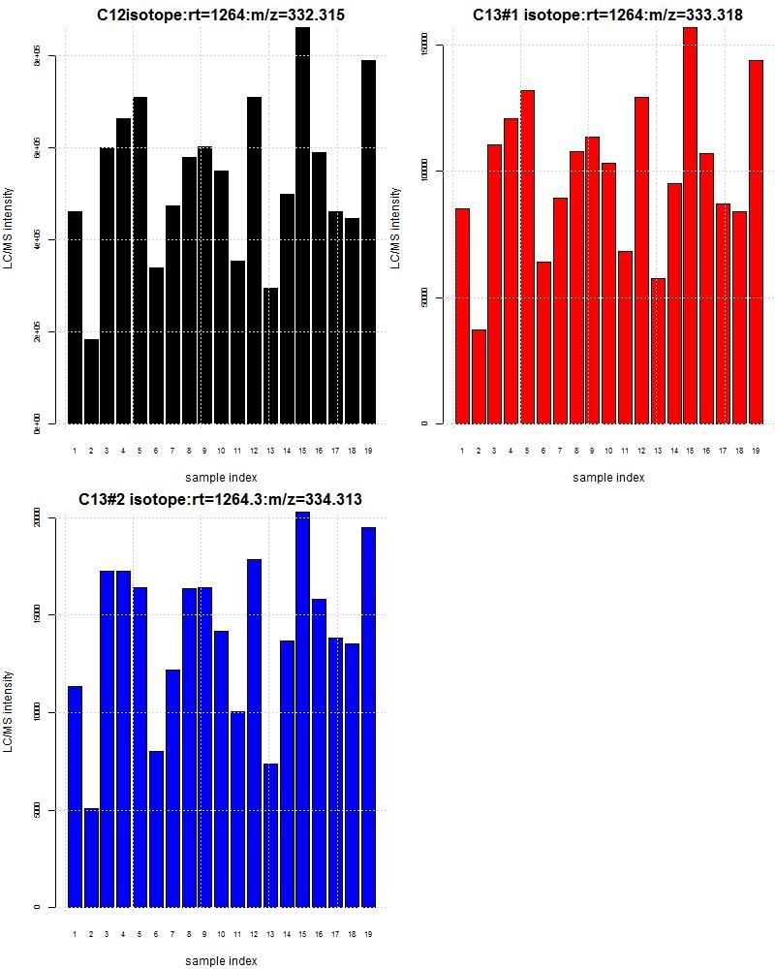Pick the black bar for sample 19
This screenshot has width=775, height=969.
(368, 242)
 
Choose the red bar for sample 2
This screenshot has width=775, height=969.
(479, 377)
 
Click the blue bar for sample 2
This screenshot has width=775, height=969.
(91, 858)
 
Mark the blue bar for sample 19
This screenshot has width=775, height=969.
(368, 717)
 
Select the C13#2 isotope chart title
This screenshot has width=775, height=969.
(220, 500)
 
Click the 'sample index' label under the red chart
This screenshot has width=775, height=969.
(608, 478)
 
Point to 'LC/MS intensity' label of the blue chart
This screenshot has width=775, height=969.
(9, 712)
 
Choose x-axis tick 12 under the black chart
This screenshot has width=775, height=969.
(254, 451)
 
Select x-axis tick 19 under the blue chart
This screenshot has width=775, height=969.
(368, 934)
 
